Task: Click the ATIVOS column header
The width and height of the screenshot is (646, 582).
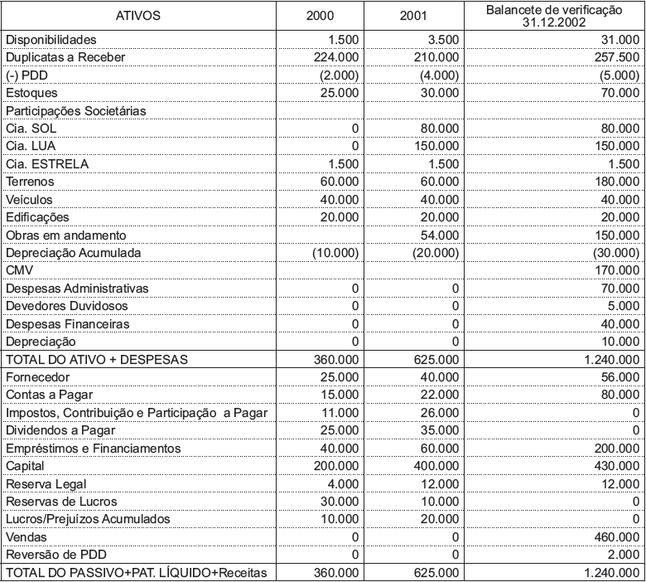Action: tap(138, 16)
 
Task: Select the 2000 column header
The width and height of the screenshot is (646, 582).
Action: tap(321, 16)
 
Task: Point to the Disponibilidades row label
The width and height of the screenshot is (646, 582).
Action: tap(51, 40)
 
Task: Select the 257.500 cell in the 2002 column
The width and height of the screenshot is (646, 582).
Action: tap(616, 57)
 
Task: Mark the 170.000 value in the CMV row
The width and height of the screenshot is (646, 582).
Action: tap(617, 270)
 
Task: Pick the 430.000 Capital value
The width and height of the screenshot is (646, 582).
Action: tap(617, 466)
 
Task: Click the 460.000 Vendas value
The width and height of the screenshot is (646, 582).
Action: tap(617, 536)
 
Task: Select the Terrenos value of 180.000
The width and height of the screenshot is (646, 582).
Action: tap(617, 181)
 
